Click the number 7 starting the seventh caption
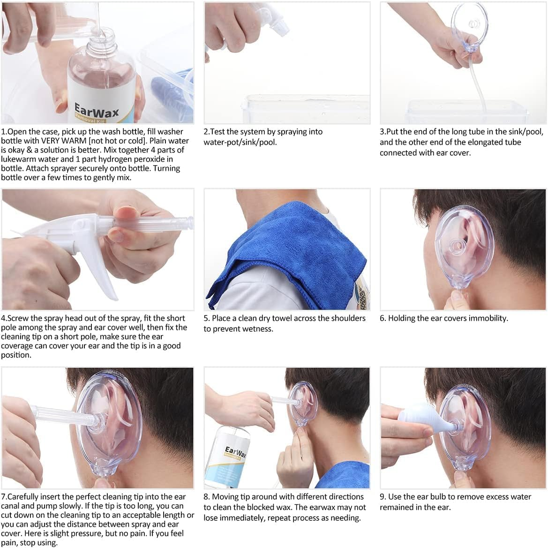pos(3,496)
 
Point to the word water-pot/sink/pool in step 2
pos(240,142)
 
